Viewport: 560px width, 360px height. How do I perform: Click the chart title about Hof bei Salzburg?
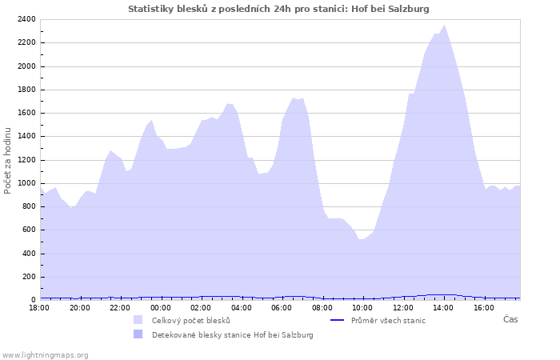278,9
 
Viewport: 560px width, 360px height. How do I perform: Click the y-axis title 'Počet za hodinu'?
8,160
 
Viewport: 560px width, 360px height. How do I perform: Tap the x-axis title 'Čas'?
510,319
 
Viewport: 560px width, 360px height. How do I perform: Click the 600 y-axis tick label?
29,230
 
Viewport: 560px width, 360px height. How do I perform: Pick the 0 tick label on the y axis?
34,300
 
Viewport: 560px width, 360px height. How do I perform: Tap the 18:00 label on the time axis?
40,307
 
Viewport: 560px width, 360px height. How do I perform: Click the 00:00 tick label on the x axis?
161,307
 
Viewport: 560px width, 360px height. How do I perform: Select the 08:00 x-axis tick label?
322,307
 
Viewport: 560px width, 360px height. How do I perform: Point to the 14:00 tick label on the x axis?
443,307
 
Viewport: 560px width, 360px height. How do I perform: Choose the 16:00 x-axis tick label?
483,307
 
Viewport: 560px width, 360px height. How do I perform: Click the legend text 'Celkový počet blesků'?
190,320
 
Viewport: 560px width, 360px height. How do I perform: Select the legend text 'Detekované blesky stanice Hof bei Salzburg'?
232,334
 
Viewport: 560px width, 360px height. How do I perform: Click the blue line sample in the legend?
337,320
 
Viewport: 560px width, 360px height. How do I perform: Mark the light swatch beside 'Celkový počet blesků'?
138,320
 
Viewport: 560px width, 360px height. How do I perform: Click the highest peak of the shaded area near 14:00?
445,26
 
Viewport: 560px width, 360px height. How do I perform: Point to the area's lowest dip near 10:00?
361,239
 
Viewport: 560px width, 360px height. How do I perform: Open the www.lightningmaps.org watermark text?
45,354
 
